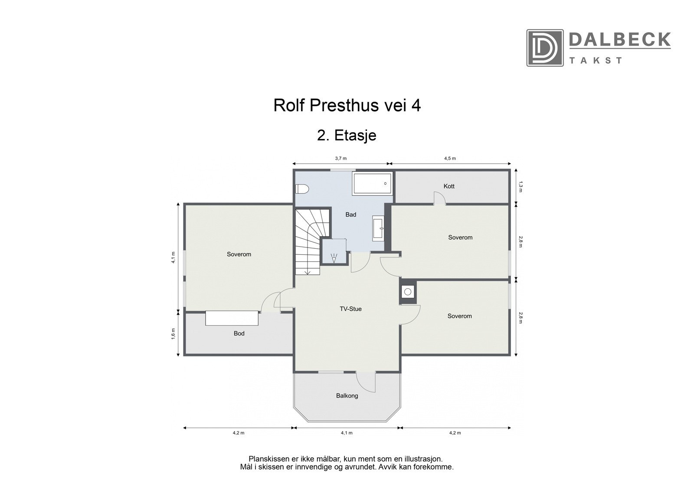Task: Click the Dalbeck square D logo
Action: coord(545,48)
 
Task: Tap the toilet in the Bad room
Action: coord(302,189)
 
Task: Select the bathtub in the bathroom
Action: coord(373,183)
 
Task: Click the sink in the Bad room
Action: coord(378,228)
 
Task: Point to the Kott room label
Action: coord(449,186)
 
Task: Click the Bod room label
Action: coord(239,333)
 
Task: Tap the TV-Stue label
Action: coord(350,309)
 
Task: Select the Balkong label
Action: coord(347,396)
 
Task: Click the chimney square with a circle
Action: coord(408,292)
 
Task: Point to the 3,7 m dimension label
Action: coord(341,158)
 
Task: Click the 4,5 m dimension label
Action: coord(450,158)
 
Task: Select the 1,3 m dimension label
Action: coord(521,187)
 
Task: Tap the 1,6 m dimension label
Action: coord(173,334)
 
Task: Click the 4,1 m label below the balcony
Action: coord(347,433)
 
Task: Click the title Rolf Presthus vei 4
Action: coord(347,105)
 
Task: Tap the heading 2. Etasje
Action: coord(347,135)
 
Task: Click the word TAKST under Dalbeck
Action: coord(596,60)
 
